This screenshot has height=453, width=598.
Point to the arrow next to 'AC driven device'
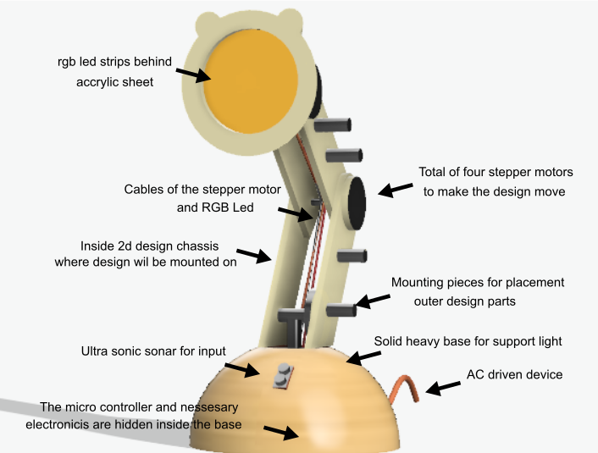[444, 387]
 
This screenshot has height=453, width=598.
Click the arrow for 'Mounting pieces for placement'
[373, 301]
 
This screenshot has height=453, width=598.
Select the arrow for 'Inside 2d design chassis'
[253, 255]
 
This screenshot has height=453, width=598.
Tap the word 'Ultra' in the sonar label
[96, 351]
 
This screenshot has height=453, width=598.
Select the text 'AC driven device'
[514, 374]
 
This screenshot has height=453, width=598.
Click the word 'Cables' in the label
[143, 189]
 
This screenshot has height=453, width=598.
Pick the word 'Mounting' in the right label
[416, 282]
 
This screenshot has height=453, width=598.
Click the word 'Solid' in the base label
[390, 341]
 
